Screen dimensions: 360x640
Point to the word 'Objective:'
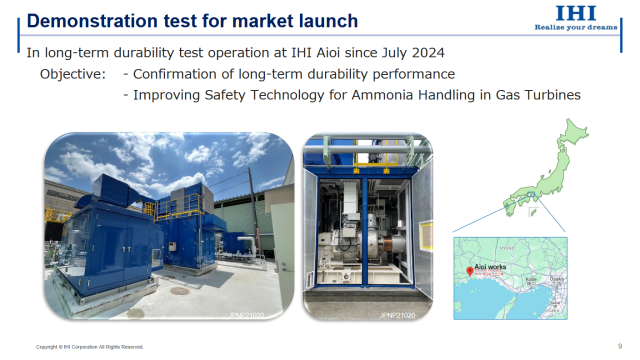point(73,75)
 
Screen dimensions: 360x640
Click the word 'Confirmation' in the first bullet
point(180,75)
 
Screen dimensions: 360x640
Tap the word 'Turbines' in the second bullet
point(548,95)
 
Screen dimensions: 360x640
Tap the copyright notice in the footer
point(90,347)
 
